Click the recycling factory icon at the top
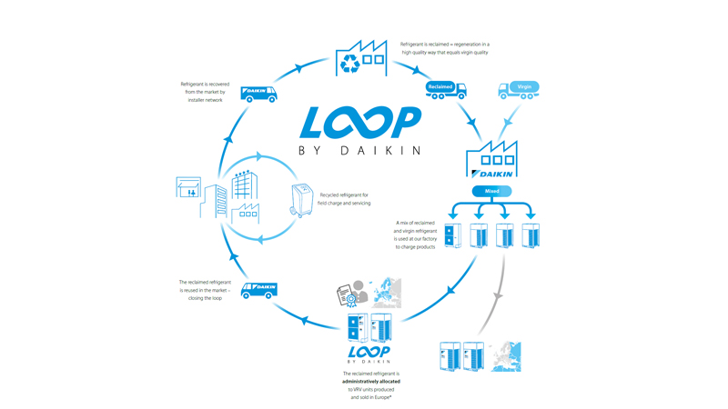coord(360,58)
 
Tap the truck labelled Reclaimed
coord(445,89)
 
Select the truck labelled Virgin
coord(519,89)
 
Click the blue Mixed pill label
coord(491,192)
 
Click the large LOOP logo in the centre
coord(360,124)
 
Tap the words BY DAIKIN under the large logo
coord(360,151)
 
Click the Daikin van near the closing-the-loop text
coord(259,289)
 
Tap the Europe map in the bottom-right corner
coord(505,355)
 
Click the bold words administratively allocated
coord(371,381)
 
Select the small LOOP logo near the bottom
coord(369,353)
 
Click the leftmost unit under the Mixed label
coord(452,235)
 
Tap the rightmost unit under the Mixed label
coord(531,235)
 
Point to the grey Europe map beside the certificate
coord(386,292)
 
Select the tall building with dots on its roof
coord(244,185)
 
